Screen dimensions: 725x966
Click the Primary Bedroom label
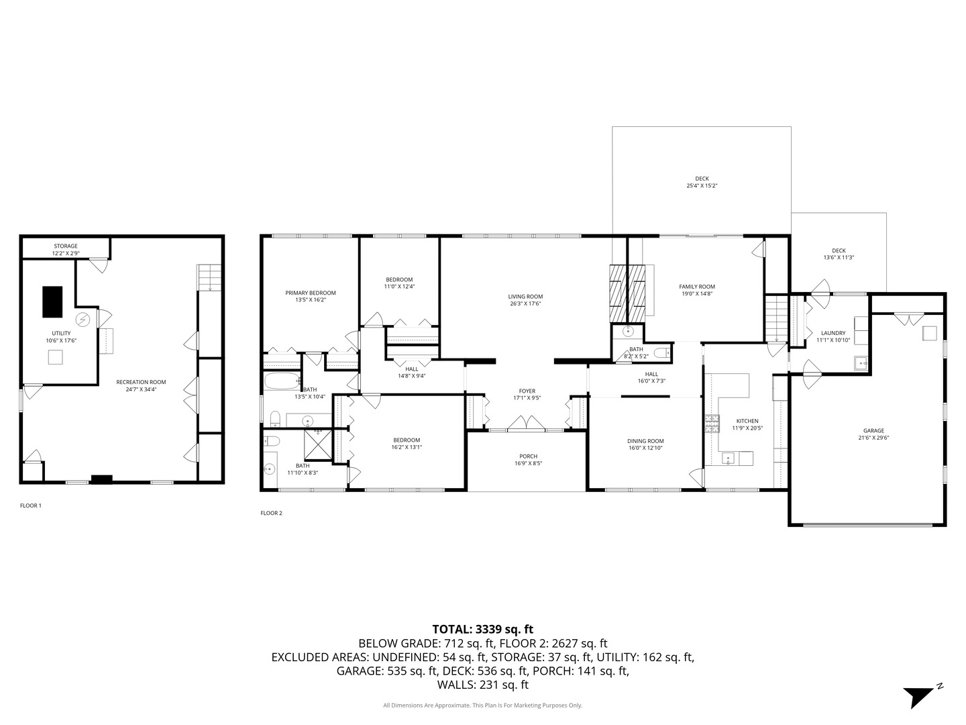point(311,293)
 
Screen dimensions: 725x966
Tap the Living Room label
point(525,296)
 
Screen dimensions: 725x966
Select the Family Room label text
point(697,287)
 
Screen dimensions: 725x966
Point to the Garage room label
point(873,431)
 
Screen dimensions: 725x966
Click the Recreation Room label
point(141,382)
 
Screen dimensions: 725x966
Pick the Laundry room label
point(833,333)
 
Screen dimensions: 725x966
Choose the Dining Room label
point(645,441)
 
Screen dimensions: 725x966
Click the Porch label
point(528,456)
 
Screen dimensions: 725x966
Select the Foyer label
point(527,391)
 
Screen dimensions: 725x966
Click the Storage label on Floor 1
point(66,246)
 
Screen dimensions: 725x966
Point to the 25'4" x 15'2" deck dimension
point(702,186)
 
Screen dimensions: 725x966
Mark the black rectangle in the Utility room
point(52,301)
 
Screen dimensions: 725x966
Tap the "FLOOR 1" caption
point(31,505)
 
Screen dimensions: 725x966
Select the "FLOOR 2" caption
point(272,514)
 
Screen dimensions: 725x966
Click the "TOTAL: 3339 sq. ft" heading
point(482,629)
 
